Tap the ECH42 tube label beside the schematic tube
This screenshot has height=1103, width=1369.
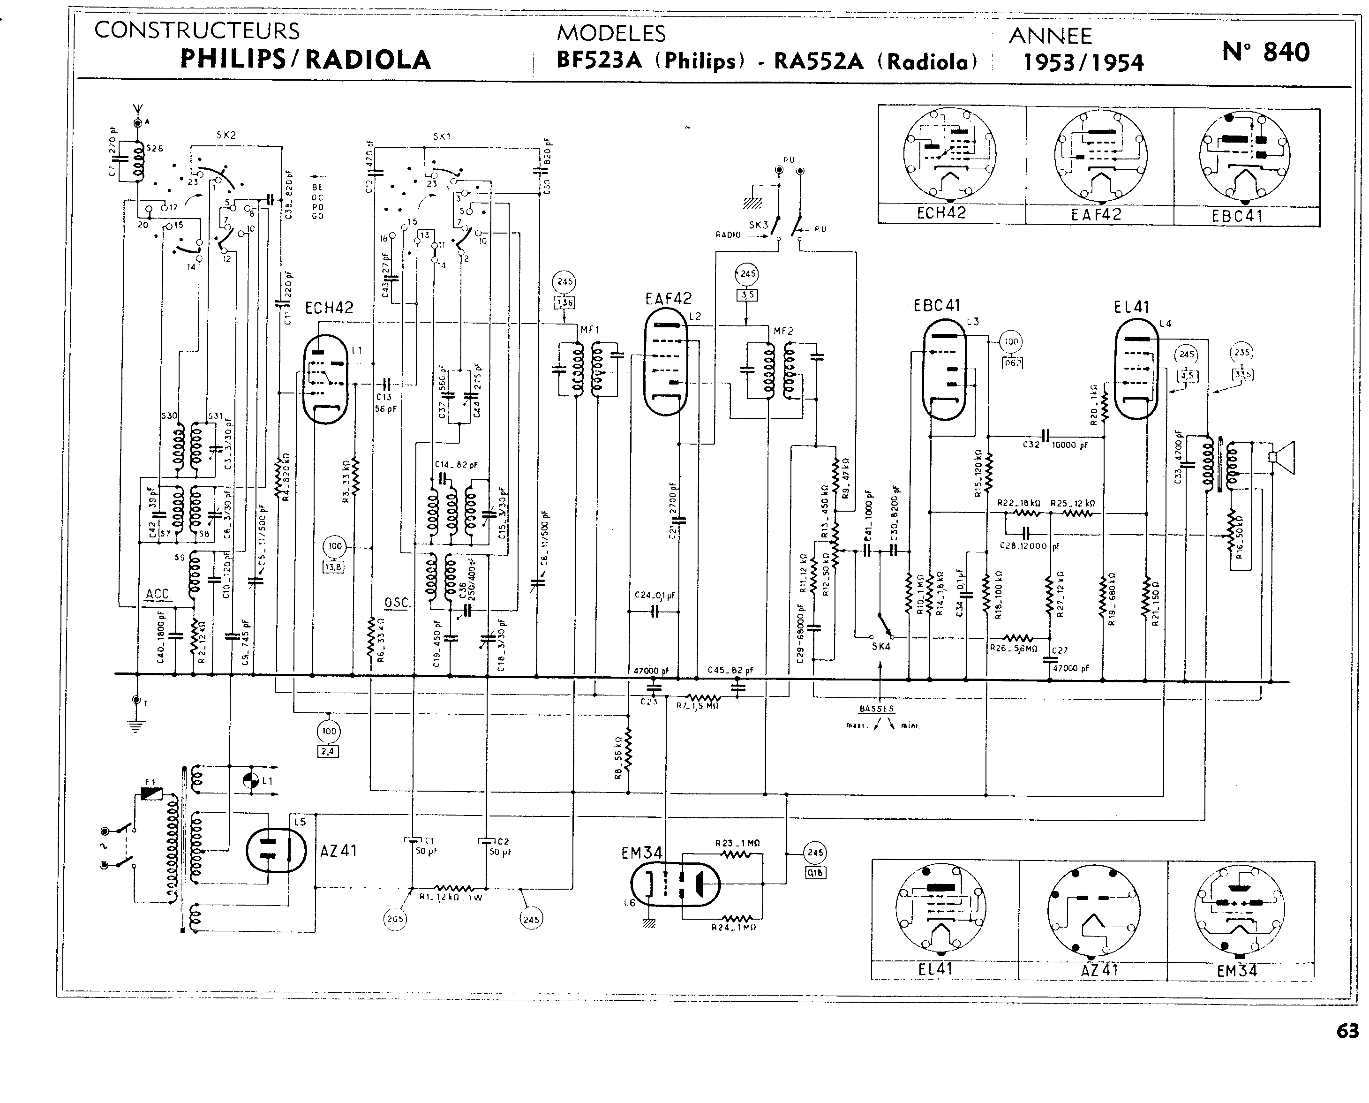[x=329, y=308]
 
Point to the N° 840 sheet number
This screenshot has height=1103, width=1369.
[x=1265, y=52]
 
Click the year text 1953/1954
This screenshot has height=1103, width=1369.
[x=1083, y=63]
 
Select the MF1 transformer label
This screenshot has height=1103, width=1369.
[x=589, y=329]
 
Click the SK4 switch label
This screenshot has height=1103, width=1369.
[x=880, y=646]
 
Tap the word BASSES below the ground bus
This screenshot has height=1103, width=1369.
[x=876, y=709]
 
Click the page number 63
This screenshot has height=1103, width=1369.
[x=1347, y=1031]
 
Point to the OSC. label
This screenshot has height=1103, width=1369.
[x=397, y=602]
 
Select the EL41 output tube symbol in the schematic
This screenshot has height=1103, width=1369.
[x=1136, y=369]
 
